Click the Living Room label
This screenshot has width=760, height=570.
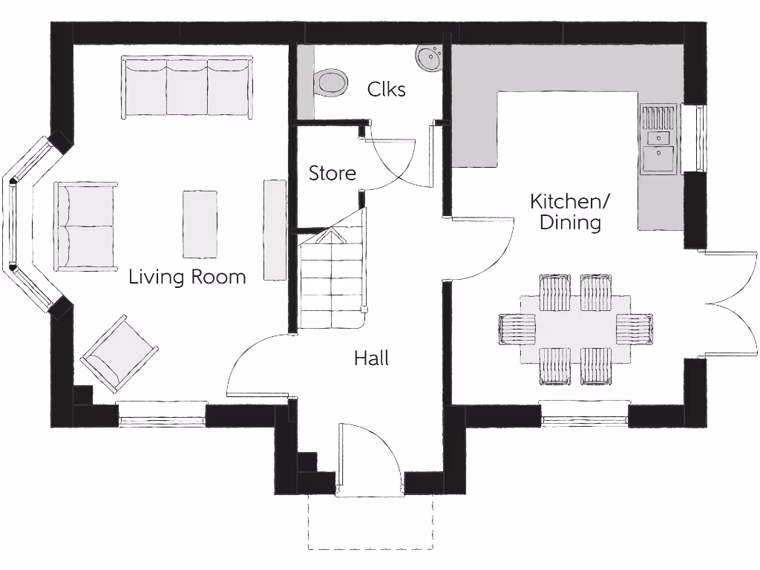point(187,277)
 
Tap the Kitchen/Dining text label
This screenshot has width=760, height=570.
point(569,212)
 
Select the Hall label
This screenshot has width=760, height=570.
point(371,358)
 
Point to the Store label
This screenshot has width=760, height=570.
point(332,173)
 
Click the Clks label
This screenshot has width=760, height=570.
point(386,89)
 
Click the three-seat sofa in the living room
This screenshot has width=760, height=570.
point(187,88)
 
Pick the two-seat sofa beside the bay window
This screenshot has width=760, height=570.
point(85,226)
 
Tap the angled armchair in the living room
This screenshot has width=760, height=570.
point(119,353)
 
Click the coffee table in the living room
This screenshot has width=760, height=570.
point(200,224)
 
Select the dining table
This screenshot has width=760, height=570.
point(575,330)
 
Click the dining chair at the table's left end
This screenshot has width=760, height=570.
point(517,329)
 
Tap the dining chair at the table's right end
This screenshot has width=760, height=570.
point(634,329)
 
